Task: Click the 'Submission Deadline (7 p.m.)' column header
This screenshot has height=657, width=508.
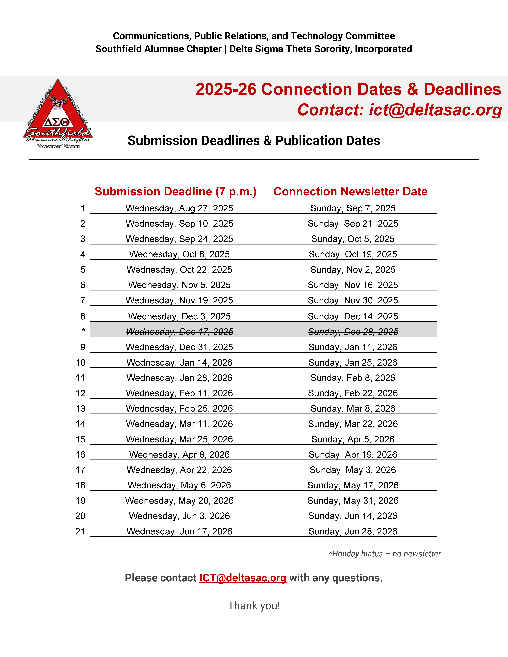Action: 175,191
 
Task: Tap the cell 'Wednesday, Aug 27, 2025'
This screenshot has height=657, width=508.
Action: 179,208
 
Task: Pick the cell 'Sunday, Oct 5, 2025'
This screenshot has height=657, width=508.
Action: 353,239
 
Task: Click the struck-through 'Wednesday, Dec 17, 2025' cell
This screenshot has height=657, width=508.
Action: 179,331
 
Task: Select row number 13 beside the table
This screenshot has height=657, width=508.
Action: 80,409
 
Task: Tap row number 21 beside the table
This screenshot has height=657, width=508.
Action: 80,531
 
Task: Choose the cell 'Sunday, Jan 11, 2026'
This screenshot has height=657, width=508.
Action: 353,347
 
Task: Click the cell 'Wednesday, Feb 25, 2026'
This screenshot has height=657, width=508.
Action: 179,409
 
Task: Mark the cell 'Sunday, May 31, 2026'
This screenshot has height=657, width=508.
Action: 353,501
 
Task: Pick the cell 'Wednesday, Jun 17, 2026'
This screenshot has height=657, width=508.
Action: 179,531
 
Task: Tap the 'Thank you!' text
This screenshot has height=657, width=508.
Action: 254,606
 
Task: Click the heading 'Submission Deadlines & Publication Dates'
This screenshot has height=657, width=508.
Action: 254,140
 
